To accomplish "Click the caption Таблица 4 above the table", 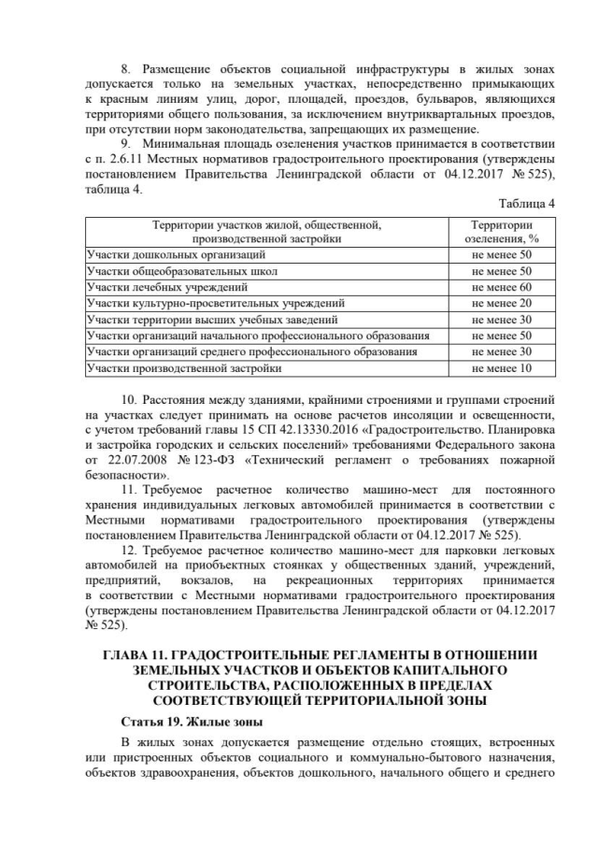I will (527, 203).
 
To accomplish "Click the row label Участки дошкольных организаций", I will (164, 254).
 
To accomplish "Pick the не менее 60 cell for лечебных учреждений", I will (502, 287).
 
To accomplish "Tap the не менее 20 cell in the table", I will (502, 303).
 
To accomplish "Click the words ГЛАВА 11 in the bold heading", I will (140, 655).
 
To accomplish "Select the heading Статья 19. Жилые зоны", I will (183, 723).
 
